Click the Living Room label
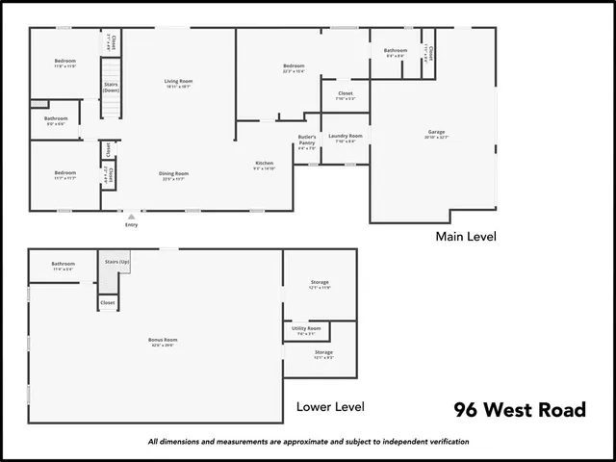pos(178,81)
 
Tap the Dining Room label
pos(174,173)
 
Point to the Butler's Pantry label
pos(307,141)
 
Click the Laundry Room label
pos(345,137)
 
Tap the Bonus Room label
pos(163,339)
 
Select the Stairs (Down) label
pos(111,87)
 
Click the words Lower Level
pos(330,406)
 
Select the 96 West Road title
pos(520,410)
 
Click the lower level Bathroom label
pos(64,264)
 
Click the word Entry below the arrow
pos(131,225)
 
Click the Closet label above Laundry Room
pos(345,93)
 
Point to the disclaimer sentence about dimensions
pos(308,442)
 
